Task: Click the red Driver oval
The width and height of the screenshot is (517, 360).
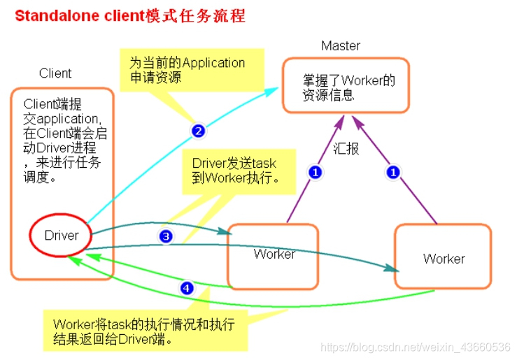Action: (x=62, y=236)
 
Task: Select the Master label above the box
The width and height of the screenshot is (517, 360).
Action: (x=341, y=46)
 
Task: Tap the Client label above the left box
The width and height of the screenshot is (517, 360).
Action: (x=55, y=73)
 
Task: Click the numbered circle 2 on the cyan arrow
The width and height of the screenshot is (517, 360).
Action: (x=198, y=130)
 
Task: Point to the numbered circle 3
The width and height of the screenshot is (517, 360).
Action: (x=166, y=236)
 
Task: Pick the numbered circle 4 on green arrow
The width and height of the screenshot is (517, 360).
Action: (x=186, y=287)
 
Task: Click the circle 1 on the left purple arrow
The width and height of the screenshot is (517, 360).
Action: (x=315, y=172)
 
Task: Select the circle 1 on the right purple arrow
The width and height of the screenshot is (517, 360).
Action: (x=395, y=171)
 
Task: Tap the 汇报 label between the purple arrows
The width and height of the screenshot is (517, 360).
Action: (x=346, y=148)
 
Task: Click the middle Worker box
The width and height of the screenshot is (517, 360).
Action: (x=274, y=255)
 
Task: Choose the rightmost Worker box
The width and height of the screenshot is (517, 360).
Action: (x=443, y=256)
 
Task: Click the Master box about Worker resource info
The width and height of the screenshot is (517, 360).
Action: (x=346, y=86)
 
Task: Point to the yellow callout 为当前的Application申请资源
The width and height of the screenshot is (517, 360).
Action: (x=192, y=69)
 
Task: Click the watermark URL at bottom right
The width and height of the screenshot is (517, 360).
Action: (x=415, y=347)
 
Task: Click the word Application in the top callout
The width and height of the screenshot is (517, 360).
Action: (x=209, y=63)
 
